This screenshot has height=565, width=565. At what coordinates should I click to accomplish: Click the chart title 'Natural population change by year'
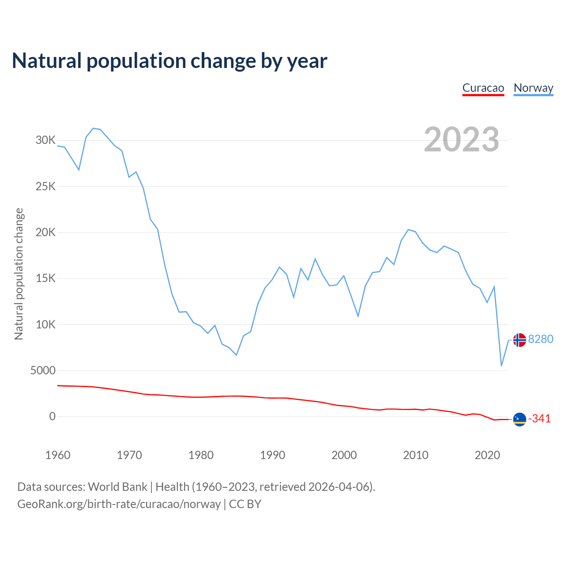pyautogui.click(x=169, y=61)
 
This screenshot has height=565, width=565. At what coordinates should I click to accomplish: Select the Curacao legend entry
pyautogui.click(x=483, y=88)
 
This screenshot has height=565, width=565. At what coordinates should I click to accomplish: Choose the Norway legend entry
pyautogui.click(x=533, y=88)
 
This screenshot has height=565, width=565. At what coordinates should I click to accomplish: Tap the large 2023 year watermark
pyautogui.click(x=461, y=139)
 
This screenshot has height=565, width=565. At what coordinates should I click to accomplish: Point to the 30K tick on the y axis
pyautogui.click(x=45, y=140)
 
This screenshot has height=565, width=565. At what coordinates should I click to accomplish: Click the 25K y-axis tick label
pyautogui.click(x=45, y=186)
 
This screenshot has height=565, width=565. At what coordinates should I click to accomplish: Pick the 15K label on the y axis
pyautogui.click(x=45, y=279)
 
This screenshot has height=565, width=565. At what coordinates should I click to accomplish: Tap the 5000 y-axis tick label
pyautogui.click(x=43, y=371)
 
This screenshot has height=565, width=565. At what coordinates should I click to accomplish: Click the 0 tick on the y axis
pyautogui.click(x=53, y=417)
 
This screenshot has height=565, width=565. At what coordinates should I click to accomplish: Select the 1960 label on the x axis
pyautogui.click(x=58, y=455)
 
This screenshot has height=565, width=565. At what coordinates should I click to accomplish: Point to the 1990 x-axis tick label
pyautogui.click(x=272, y=455)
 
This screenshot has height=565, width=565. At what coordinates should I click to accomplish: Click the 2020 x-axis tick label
pyautogui.click(x=487, y=455)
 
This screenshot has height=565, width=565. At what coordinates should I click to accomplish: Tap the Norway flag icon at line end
pyautogui.click(x=520, y=340)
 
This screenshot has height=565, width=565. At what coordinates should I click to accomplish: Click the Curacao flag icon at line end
pyautogui.click(x=520, y=419)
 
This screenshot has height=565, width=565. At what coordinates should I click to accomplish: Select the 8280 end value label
pyautogui.click(x=541, y=339)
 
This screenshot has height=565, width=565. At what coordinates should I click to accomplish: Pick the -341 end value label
pyautogui.click(x=539, y=419)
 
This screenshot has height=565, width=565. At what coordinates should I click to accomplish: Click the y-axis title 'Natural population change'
pyautogui.click(x=19, y=274)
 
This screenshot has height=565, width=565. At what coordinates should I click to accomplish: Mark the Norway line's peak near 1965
pyautogui.click(x=93, y=128)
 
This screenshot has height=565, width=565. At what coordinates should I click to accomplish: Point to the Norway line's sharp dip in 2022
pyautogui.click(x=501, y=365)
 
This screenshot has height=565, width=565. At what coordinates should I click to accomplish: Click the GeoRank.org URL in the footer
pyautogui.click(x=119, y=504)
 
